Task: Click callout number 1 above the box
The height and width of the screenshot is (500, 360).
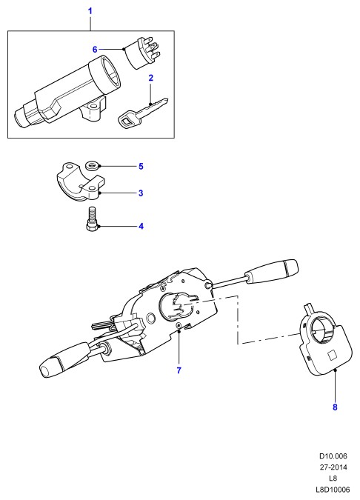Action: coord(90,11)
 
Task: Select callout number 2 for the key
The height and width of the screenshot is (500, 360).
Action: coord(151,78)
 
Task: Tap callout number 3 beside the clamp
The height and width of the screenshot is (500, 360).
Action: coord(141,193)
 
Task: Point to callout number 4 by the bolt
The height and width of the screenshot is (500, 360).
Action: coord(141,227)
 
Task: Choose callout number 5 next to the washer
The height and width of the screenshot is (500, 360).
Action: coord(141,166)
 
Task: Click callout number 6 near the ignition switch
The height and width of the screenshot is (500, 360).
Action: coord(95,50)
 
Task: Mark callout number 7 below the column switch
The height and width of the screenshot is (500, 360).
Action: coord(179,370)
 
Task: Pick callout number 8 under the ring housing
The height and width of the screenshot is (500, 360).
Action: coord(335,407)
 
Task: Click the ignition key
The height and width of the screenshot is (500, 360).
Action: coord(142,113)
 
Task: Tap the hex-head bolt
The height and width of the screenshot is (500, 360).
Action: coord(92,219)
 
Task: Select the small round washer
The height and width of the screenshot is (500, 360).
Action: coord(93,166)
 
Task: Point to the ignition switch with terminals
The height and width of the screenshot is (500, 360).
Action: coord(140,53)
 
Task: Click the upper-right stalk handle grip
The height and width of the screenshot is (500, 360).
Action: coord(271,271)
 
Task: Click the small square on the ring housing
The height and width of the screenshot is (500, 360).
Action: coord(333,356)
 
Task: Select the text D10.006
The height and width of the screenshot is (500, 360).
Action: coord(333,456)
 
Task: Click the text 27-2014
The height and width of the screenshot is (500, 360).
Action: coord(333,467)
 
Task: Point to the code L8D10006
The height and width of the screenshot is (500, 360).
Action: coord(333,490)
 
